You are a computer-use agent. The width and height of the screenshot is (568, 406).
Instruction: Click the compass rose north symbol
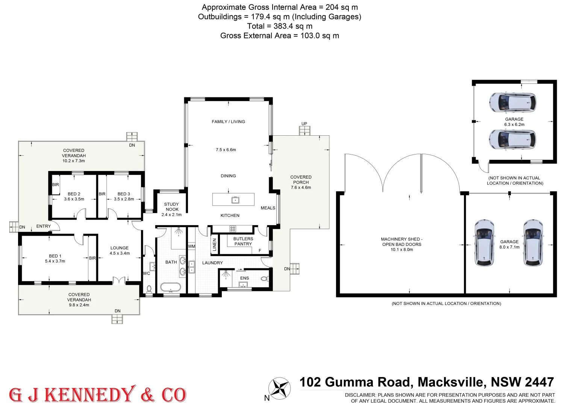(x=280, y=388)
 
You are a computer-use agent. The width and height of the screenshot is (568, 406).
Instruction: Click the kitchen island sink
(x=235, y=200)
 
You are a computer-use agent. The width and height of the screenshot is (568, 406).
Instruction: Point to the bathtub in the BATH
(x=171, y=288)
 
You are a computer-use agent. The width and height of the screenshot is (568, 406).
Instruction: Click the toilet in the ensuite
(x=264, y=279)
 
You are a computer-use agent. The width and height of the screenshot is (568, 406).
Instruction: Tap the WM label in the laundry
(x=192, y=247)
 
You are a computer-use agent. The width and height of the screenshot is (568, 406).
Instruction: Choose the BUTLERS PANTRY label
(x=243, y=241)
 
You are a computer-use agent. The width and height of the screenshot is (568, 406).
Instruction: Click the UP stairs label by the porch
(x=304, y=124)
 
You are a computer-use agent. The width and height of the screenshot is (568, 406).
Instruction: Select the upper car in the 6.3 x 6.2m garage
(x=512, y=102)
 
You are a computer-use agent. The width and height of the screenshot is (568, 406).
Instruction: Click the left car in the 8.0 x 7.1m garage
(x=484, y=243)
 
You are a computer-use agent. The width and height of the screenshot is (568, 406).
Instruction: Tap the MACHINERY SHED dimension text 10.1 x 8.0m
(x=401, y=250)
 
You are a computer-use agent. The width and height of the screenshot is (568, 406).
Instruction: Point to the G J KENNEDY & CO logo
(x=98, y=394)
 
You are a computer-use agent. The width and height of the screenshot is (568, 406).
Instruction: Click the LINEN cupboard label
(x=215, y=245)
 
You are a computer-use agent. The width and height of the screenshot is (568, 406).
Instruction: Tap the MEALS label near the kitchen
(x=268, y=208)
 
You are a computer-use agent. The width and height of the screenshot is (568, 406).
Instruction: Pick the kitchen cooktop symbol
(x=233, y=228)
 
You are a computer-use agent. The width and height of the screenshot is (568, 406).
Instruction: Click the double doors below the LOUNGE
(x=119, y=280)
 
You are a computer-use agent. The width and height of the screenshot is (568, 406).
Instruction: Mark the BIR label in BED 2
(x=56, y=185)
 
